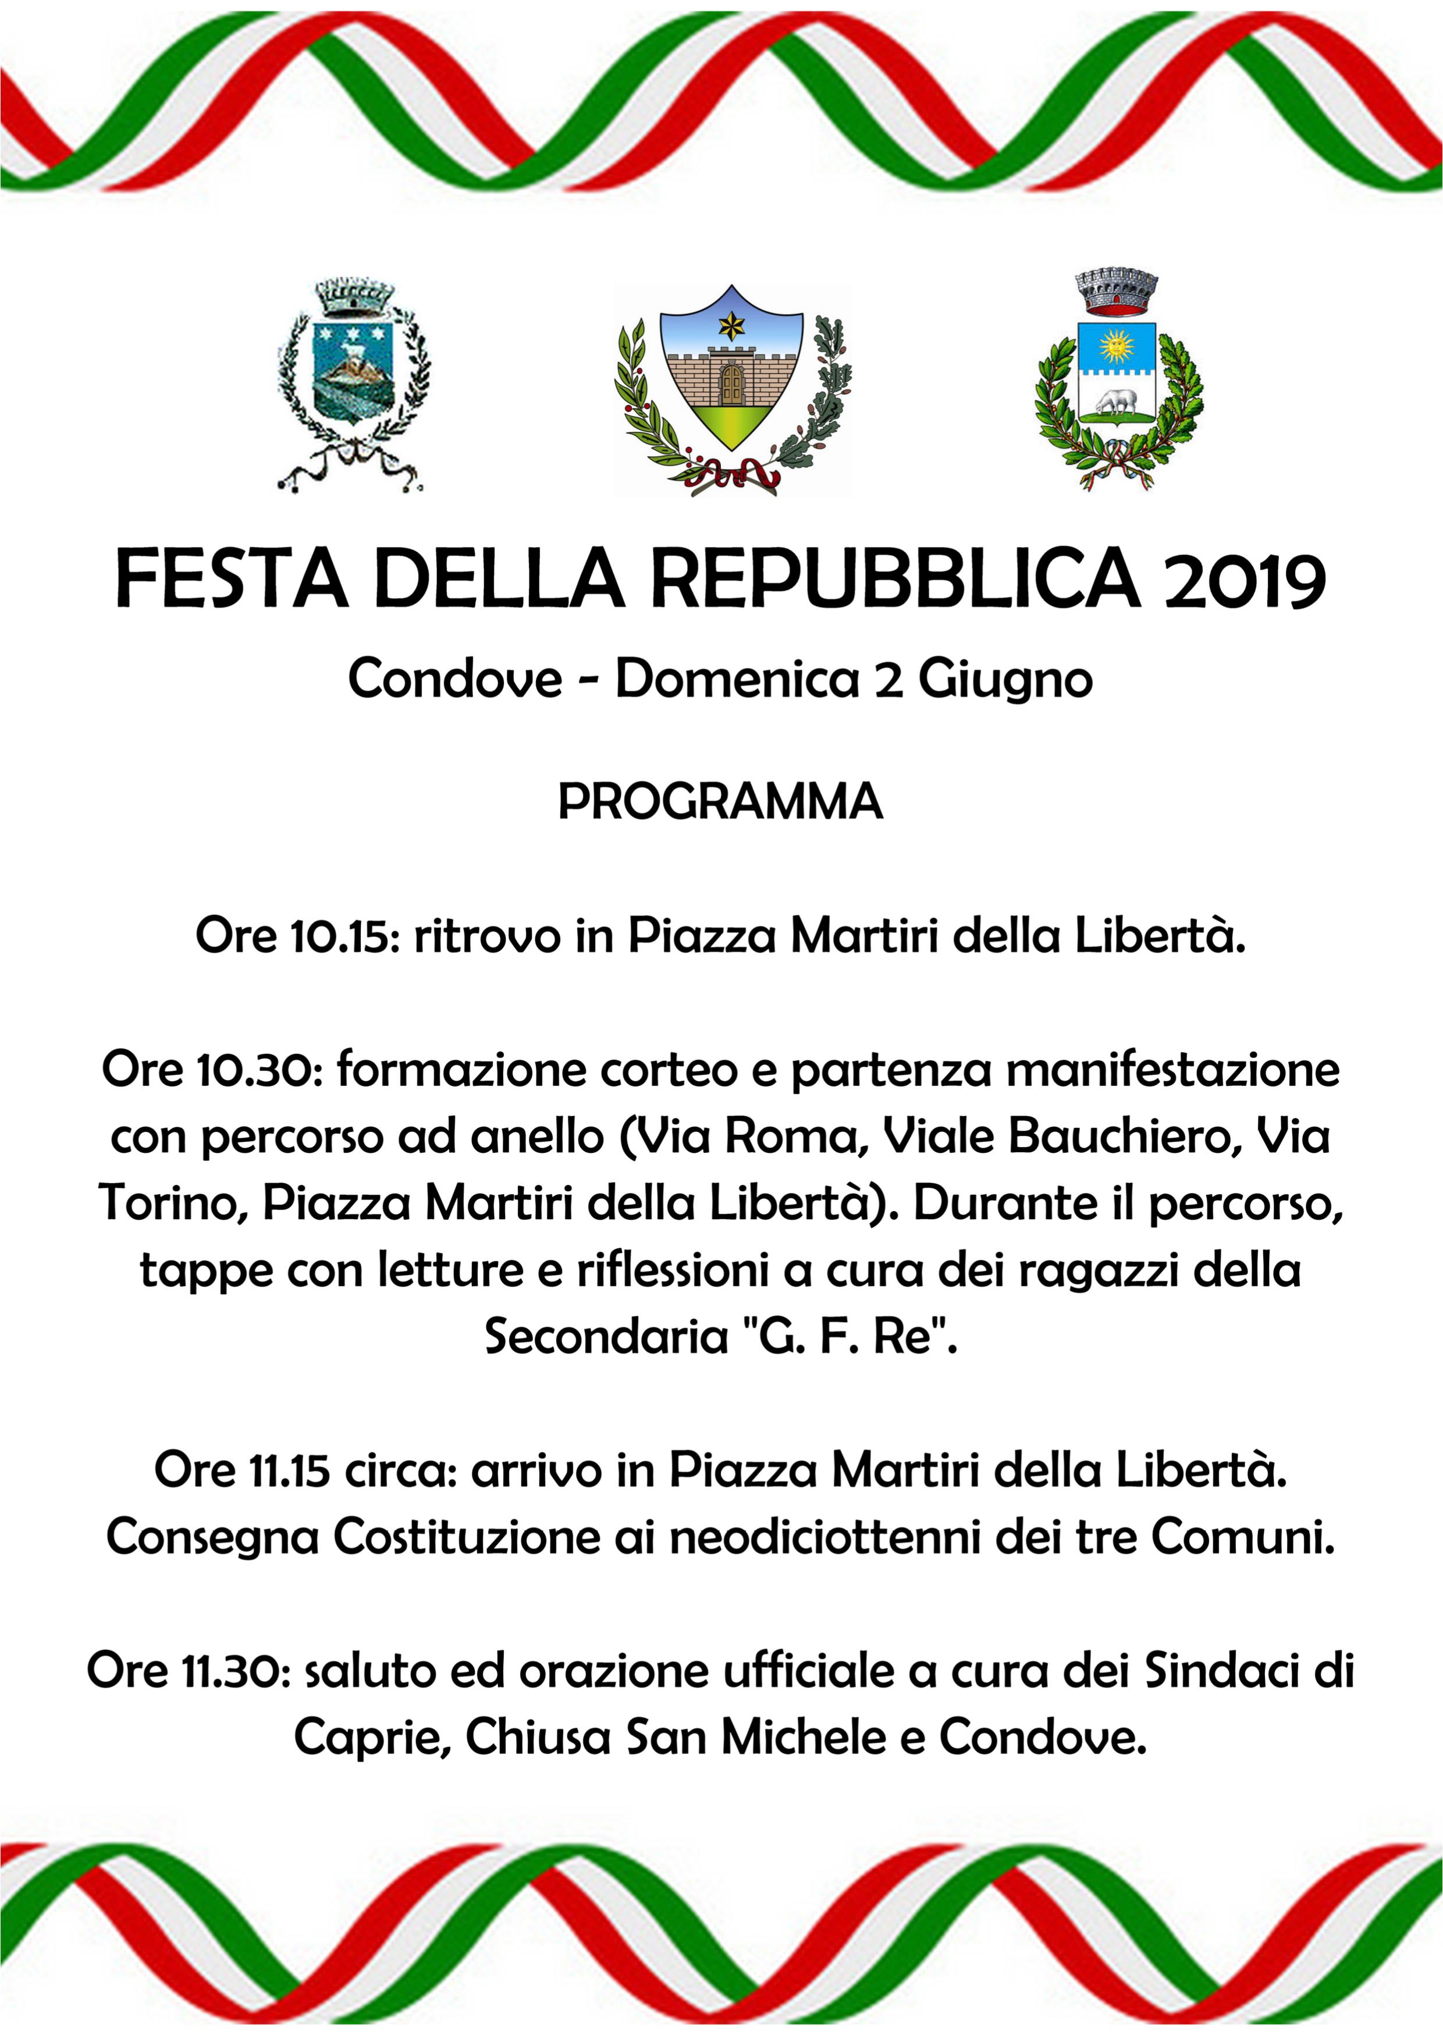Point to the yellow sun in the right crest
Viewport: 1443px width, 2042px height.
pyautogui.click(x=1117, y=344)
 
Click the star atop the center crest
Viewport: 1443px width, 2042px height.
pyautogui.click(x=731, y=326)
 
